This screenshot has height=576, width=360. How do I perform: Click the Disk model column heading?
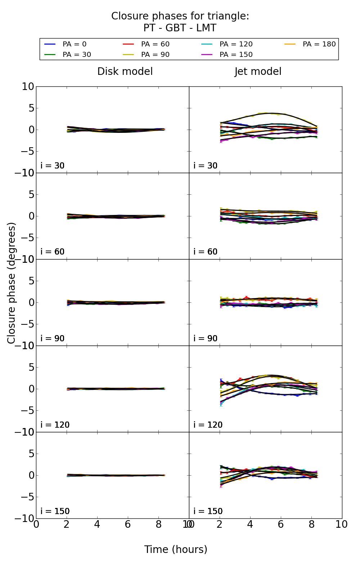[125, 72]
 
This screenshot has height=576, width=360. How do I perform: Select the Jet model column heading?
[258, 72]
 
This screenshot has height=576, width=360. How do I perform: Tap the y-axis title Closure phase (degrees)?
[12, 283]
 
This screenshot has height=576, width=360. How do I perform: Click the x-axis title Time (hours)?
[176, 550]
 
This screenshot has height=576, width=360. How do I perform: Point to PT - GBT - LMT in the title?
[180, 28]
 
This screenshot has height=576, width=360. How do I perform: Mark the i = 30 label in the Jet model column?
[205, 166]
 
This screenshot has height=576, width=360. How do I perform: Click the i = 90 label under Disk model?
[53, 339]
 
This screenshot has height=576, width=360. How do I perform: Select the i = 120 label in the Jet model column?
[208, 425]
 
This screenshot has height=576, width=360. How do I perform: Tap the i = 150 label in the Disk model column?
[55, 512]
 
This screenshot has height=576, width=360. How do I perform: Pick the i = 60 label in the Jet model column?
[205, 252]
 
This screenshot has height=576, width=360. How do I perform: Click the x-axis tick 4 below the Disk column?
[97, 525]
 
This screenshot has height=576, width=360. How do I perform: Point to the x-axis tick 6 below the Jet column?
[281, 525]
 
